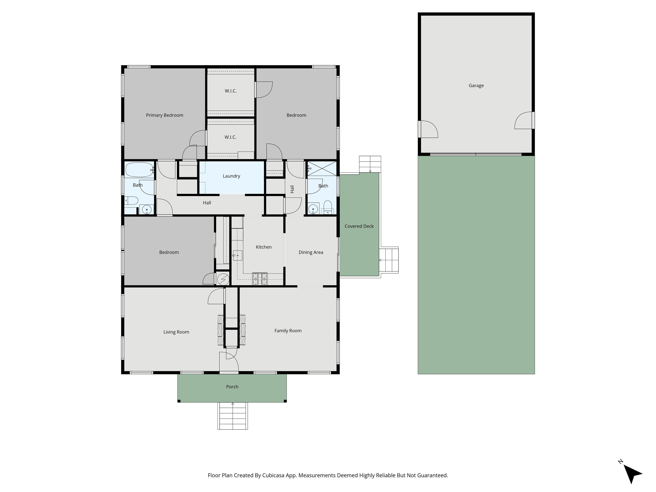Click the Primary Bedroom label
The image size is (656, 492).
[164, 115]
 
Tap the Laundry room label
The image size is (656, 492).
[231, 176]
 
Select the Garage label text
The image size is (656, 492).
[476, 85]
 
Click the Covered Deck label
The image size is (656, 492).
[359, 226]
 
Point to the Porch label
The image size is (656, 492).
[232, 386]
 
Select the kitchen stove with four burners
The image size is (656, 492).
[260, 279]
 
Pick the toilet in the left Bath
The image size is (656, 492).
[131, 201]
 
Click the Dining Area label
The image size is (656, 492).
[311, 252]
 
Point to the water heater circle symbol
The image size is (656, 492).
[223, 279]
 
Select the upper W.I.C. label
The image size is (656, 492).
[230, 91]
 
